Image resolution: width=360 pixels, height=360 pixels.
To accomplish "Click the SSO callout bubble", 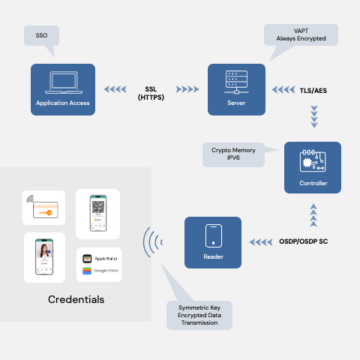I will pos(40,35).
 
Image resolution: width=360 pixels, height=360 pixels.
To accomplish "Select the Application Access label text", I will pos(62,103).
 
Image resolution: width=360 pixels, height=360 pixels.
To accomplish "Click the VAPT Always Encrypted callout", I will pos(299,34).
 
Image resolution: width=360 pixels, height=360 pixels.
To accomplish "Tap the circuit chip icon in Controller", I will pos(312,160).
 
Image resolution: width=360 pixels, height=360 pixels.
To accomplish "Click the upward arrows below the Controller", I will pos(313,216).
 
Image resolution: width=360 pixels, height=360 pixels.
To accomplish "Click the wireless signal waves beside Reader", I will pos(154,242).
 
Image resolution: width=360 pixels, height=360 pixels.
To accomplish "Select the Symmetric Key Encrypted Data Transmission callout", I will pos(199,315).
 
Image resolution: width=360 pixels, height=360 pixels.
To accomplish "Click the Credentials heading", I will pos(76,300).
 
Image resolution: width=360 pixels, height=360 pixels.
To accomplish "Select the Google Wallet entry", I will pos(98,271).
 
